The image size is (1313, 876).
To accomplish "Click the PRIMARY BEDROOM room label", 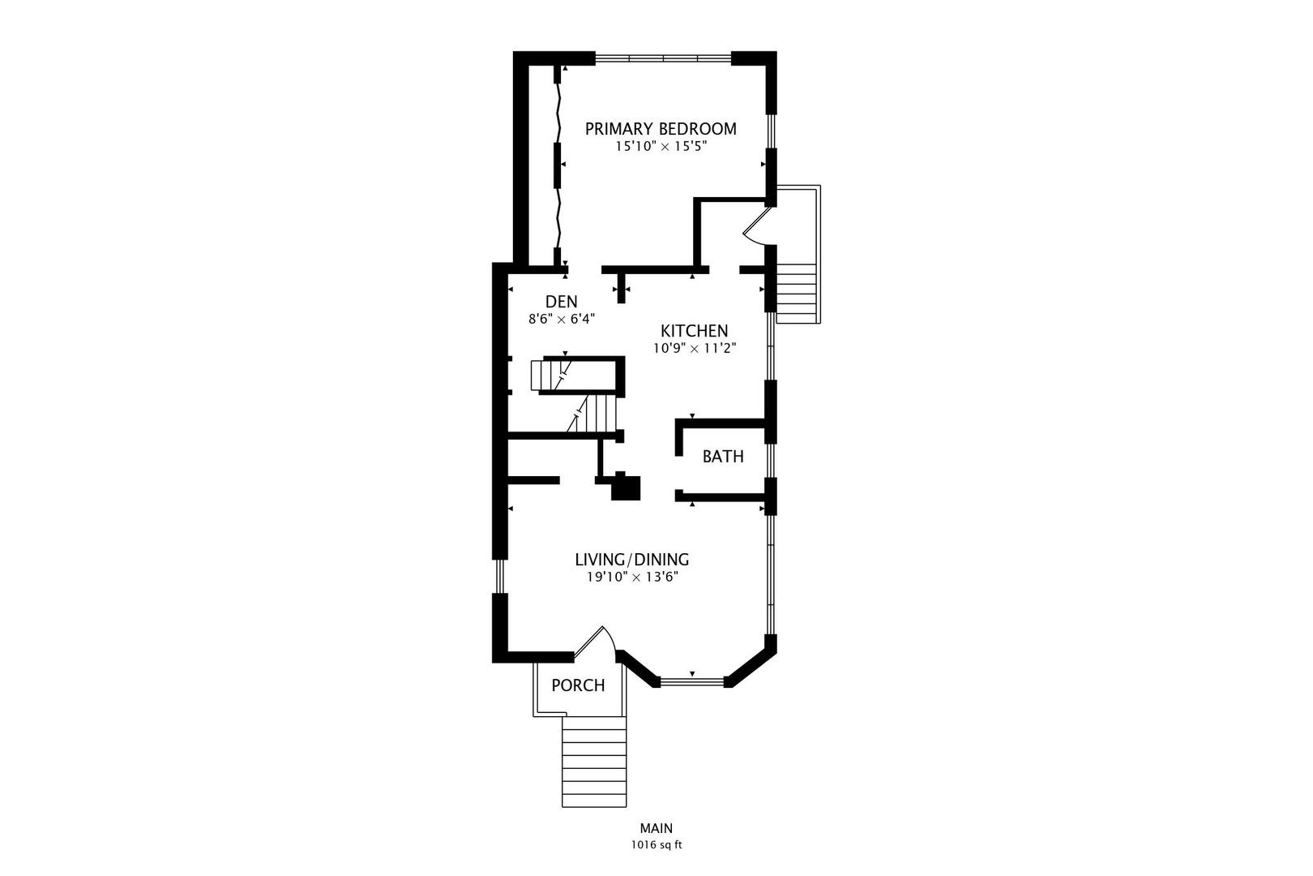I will (661, 129).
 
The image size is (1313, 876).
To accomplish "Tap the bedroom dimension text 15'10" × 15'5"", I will (661, 148).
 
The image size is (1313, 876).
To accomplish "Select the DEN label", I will (561, 302).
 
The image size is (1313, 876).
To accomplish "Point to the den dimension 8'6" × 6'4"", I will (562, 320).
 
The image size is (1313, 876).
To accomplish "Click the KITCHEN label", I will (694, 331).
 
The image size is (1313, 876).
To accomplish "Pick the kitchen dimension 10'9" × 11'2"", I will (695, 349).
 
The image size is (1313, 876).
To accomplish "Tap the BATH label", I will (722, 457).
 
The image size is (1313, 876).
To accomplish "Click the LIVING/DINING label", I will (631, 560).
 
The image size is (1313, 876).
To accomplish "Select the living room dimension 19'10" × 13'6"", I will (631, 578).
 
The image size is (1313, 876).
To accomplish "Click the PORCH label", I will (578, 685).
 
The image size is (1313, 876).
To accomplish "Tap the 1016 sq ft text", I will (656, 845).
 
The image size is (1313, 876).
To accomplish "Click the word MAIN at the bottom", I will (656, 828).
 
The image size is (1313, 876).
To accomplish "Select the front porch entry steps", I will (594, 762).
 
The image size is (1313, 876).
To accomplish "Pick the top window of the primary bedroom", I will (663, 58).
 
